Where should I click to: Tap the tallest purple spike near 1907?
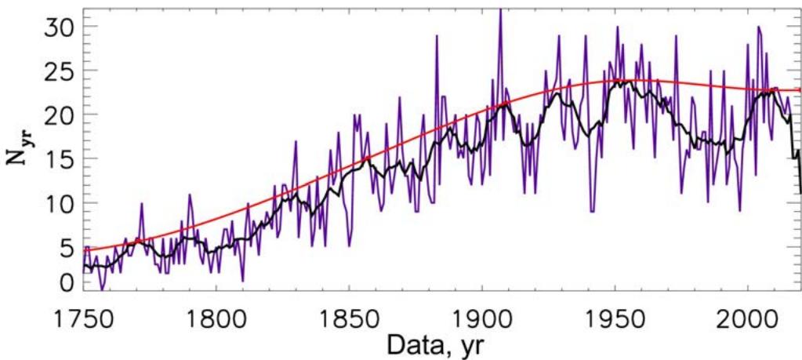point(500,9)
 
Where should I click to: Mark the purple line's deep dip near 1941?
point(592,211)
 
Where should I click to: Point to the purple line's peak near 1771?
point(141,204)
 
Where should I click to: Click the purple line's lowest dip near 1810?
point(243,280)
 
